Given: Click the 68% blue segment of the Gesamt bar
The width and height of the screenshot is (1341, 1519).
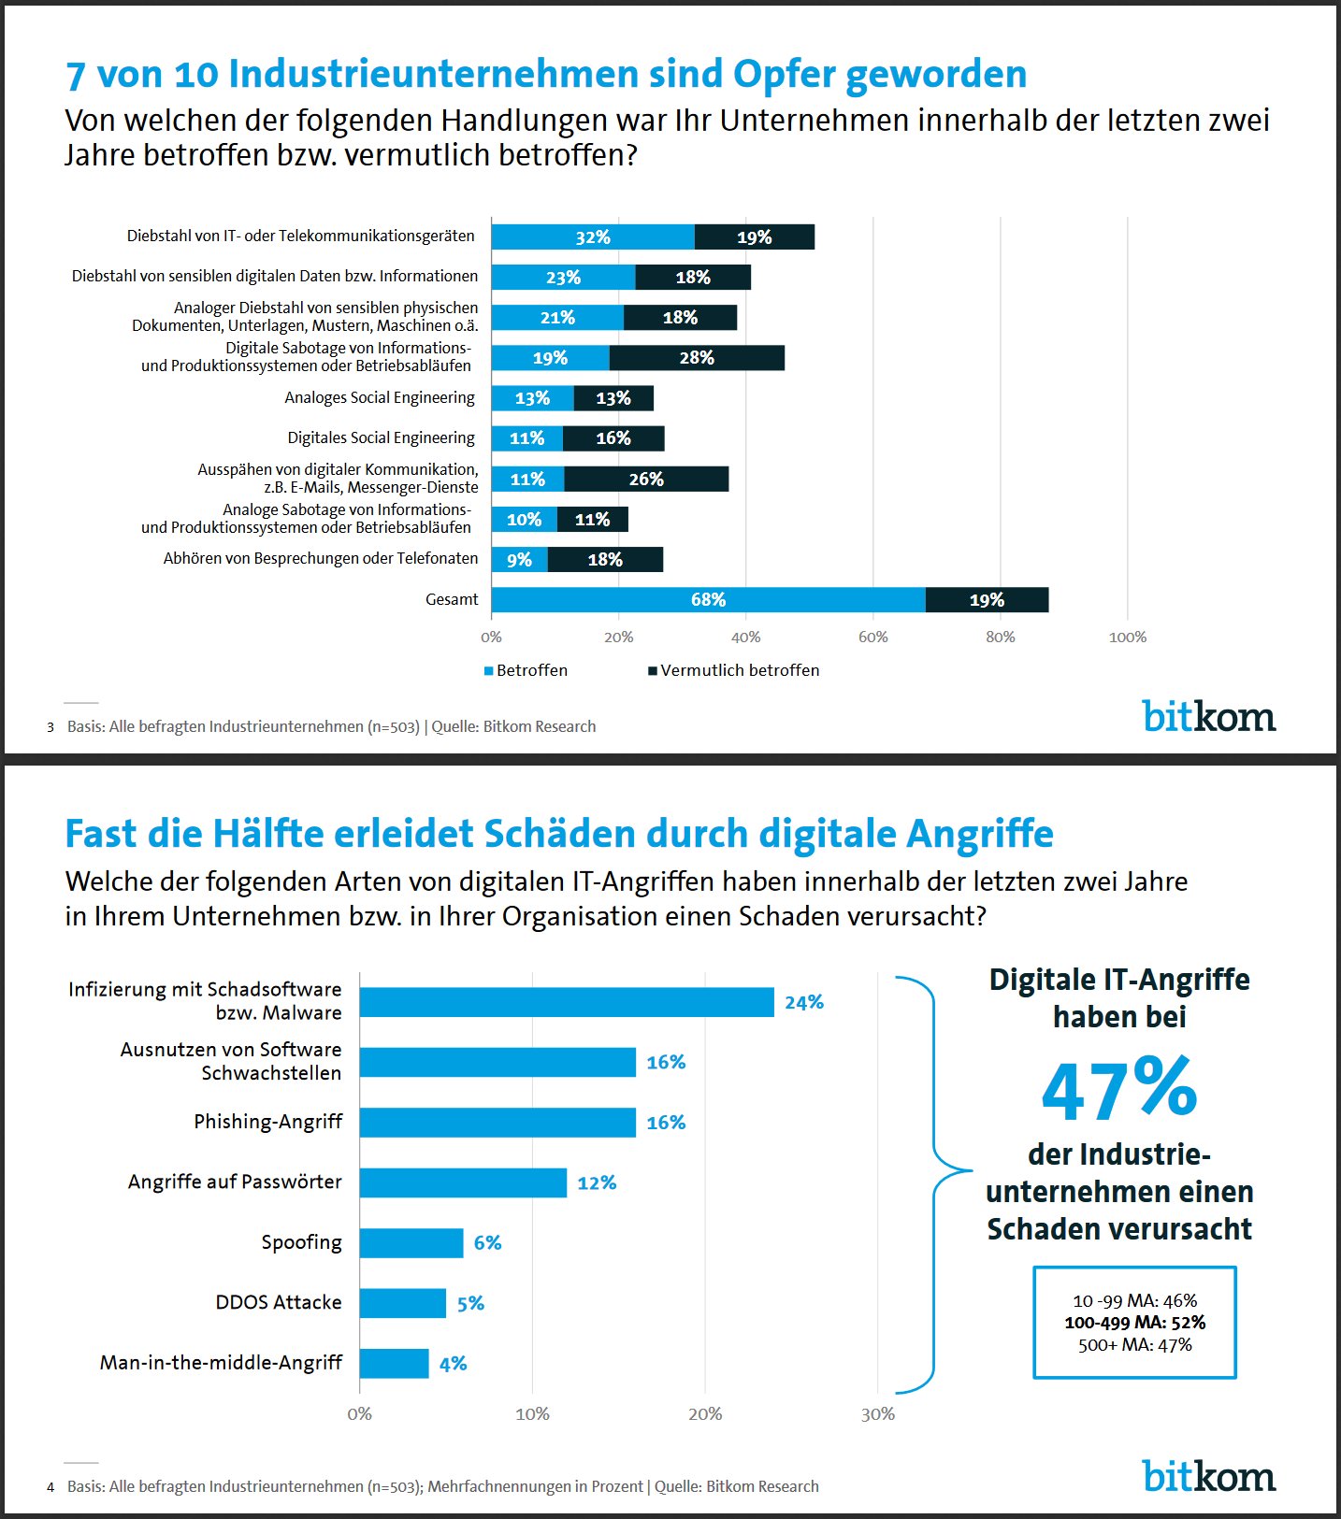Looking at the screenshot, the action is [708, 600].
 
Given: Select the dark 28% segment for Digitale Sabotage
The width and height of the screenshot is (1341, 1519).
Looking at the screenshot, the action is [697, 358].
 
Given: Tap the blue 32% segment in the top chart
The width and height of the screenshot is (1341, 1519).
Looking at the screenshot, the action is [593, 237].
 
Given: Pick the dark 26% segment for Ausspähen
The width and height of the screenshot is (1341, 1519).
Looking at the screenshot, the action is [646, 480].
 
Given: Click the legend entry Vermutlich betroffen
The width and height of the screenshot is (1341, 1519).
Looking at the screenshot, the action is [734, 670].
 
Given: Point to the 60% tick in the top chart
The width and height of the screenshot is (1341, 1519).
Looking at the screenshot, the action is [872, 638].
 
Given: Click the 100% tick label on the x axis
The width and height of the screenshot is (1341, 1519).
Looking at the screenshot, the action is [1127, 638].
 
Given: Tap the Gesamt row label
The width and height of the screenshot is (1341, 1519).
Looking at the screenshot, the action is [452, 599].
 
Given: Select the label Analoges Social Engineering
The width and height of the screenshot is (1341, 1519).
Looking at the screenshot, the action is [380, 397].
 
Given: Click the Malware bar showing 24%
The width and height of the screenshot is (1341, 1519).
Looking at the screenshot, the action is [567, 1002].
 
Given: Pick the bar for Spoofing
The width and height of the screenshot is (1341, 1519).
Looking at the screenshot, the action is [411, 1243].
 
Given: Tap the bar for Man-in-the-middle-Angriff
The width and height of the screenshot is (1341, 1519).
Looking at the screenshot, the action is [394, 1364].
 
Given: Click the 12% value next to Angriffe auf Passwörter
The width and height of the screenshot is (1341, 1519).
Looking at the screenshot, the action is [597, 1183].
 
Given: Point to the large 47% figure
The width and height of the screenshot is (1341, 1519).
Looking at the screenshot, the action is [1119, 1089].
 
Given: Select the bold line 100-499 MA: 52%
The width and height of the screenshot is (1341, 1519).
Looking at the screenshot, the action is [1135, 1323].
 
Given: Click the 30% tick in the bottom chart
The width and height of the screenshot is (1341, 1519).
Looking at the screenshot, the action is [877, 1414].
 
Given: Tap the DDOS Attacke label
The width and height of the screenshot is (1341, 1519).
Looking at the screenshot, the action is [279, 1302].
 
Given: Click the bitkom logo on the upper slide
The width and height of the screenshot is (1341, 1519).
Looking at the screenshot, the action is [1209, 716].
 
